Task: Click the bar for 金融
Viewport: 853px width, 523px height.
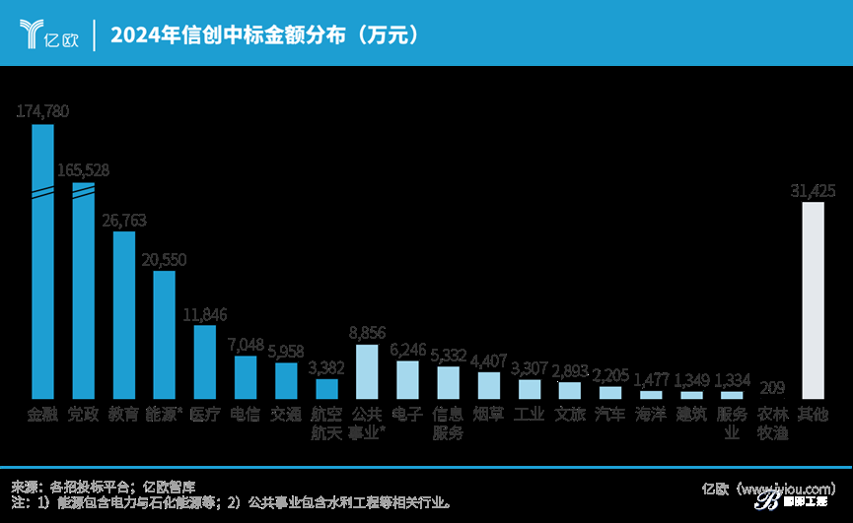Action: pos(43,261)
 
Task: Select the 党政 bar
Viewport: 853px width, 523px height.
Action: pos(84,291)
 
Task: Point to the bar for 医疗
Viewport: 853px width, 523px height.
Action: pos(205,360)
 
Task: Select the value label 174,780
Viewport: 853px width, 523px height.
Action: pos(43,111)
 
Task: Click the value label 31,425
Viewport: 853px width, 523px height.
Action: pos(814,190)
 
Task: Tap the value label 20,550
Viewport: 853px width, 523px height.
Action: pos(165,259)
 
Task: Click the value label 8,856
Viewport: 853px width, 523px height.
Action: pos(367,333)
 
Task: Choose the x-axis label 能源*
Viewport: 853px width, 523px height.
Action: pos(165,415)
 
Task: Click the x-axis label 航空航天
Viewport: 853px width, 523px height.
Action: pos(326,424)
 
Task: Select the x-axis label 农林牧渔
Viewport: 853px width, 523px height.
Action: pos(772,424)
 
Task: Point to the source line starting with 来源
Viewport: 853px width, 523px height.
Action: pos(104,486)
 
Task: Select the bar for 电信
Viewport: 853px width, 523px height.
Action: pos(246,375)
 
